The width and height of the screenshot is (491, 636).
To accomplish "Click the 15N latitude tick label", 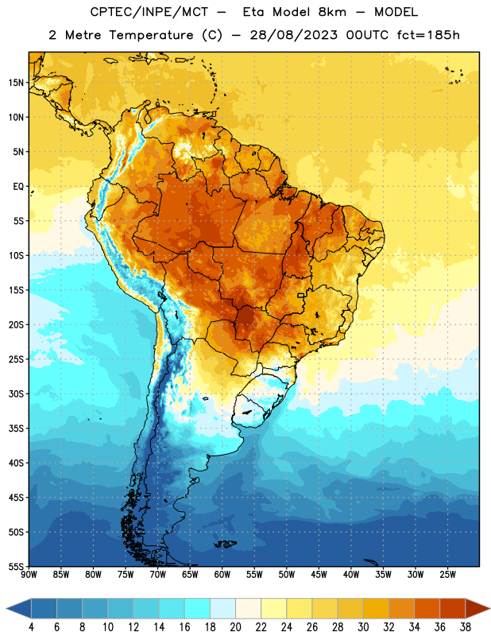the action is [x=16, y=83].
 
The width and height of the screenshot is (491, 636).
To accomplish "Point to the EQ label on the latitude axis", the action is [x=18, y=187].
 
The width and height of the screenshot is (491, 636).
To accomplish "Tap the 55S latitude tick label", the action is [x=16, y=566].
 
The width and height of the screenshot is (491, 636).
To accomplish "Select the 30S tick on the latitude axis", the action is [x=16, y=394].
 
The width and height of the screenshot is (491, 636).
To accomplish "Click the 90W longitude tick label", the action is [x=29, y=575].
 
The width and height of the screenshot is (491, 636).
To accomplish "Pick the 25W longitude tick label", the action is [x=447, y=575].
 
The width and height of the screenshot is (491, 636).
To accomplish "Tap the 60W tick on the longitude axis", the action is [x=222, y=575].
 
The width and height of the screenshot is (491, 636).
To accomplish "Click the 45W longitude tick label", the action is [x=319, y=575].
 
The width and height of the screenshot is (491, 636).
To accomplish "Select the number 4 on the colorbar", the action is [x=31, y=627].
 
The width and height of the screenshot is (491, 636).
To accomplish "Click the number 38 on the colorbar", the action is [x=466, y=627].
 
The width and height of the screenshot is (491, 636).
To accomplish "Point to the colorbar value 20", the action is [x=235, y=627].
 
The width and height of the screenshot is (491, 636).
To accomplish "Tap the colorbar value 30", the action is [x=363, y=627].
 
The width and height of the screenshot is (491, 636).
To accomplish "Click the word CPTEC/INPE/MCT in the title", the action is [x=149, y=12].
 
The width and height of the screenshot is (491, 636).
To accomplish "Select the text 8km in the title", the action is [x=332, y=12].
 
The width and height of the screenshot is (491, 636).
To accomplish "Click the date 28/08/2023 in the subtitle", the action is [x=293, y=35].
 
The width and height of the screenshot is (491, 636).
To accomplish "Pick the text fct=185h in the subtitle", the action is [x=428, y=35].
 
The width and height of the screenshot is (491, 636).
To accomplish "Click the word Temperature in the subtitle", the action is [x=151, y=36].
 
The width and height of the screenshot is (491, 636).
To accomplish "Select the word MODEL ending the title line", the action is [x=396, y=12].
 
